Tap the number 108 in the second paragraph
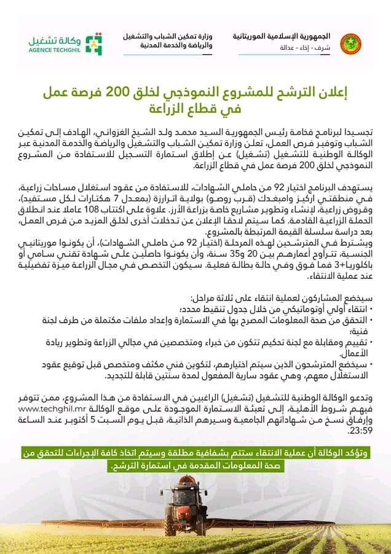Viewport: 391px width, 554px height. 139,217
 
